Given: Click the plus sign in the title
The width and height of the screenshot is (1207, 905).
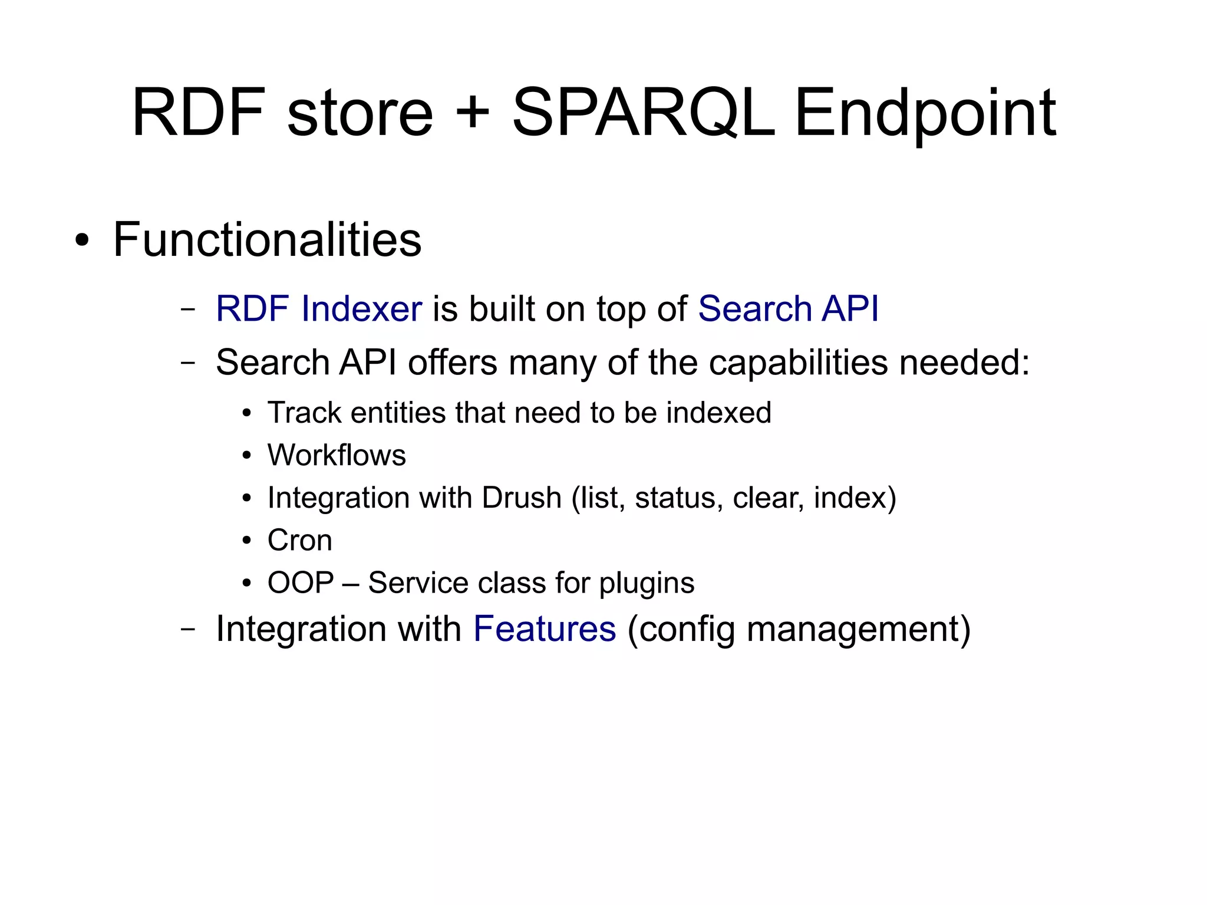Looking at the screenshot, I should coord(473,113).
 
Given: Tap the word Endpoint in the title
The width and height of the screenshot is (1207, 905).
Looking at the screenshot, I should coord(925,113).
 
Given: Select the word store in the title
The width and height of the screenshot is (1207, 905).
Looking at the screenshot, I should coord(360,113).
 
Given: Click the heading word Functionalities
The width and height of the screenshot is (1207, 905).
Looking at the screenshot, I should coord(267,239).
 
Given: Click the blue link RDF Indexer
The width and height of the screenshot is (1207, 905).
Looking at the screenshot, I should coord(319,308).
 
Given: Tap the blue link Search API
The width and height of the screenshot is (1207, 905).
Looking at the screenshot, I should coord(788,308).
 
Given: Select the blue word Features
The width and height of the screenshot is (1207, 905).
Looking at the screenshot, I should coord(545,628).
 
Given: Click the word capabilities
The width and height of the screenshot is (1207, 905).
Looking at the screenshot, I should coord(798,362).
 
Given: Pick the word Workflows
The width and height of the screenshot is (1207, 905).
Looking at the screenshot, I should coord(337,455).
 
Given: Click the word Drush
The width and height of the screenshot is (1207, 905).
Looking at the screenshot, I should coord(522,498).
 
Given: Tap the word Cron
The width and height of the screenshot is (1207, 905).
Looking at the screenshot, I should coord(299,540).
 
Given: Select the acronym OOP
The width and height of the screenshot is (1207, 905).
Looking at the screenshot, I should coord(301,583).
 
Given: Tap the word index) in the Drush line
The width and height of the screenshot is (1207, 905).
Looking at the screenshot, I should coord(855,498).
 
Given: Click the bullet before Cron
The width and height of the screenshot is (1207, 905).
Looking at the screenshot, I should coord(247,541).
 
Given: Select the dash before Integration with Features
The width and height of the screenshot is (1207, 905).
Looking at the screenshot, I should coord(188,629).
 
